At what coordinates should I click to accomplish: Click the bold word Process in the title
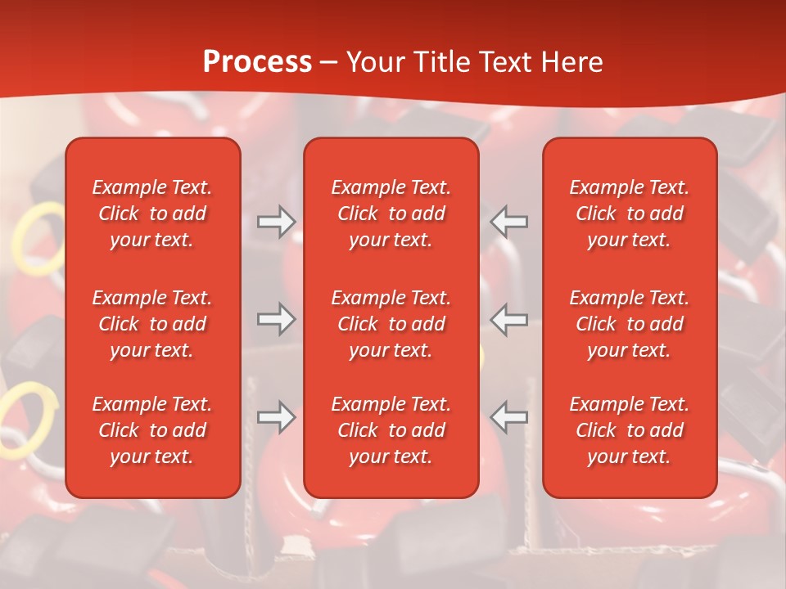point(257,62)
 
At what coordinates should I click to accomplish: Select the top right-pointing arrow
point(276,222)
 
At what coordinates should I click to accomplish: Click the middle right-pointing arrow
point(276,319)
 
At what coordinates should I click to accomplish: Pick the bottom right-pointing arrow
point(276,417)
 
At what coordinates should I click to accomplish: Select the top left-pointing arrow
point(509,222)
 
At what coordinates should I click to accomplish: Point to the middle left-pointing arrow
point(509,319)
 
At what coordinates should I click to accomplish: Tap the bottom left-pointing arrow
point(509,417)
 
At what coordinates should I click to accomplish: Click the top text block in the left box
point(152,214)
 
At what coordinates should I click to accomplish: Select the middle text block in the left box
point(152,324)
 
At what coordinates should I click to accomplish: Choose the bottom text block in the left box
point(152,430)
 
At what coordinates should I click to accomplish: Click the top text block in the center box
point(391,214)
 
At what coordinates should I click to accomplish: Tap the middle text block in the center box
point(391,324)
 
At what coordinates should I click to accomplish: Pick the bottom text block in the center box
point(391,430)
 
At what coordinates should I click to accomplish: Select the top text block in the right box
point(629,214)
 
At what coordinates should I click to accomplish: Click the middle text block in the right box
point(629,324)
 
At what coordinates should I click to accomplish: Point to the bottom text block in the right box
point(629,430)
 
